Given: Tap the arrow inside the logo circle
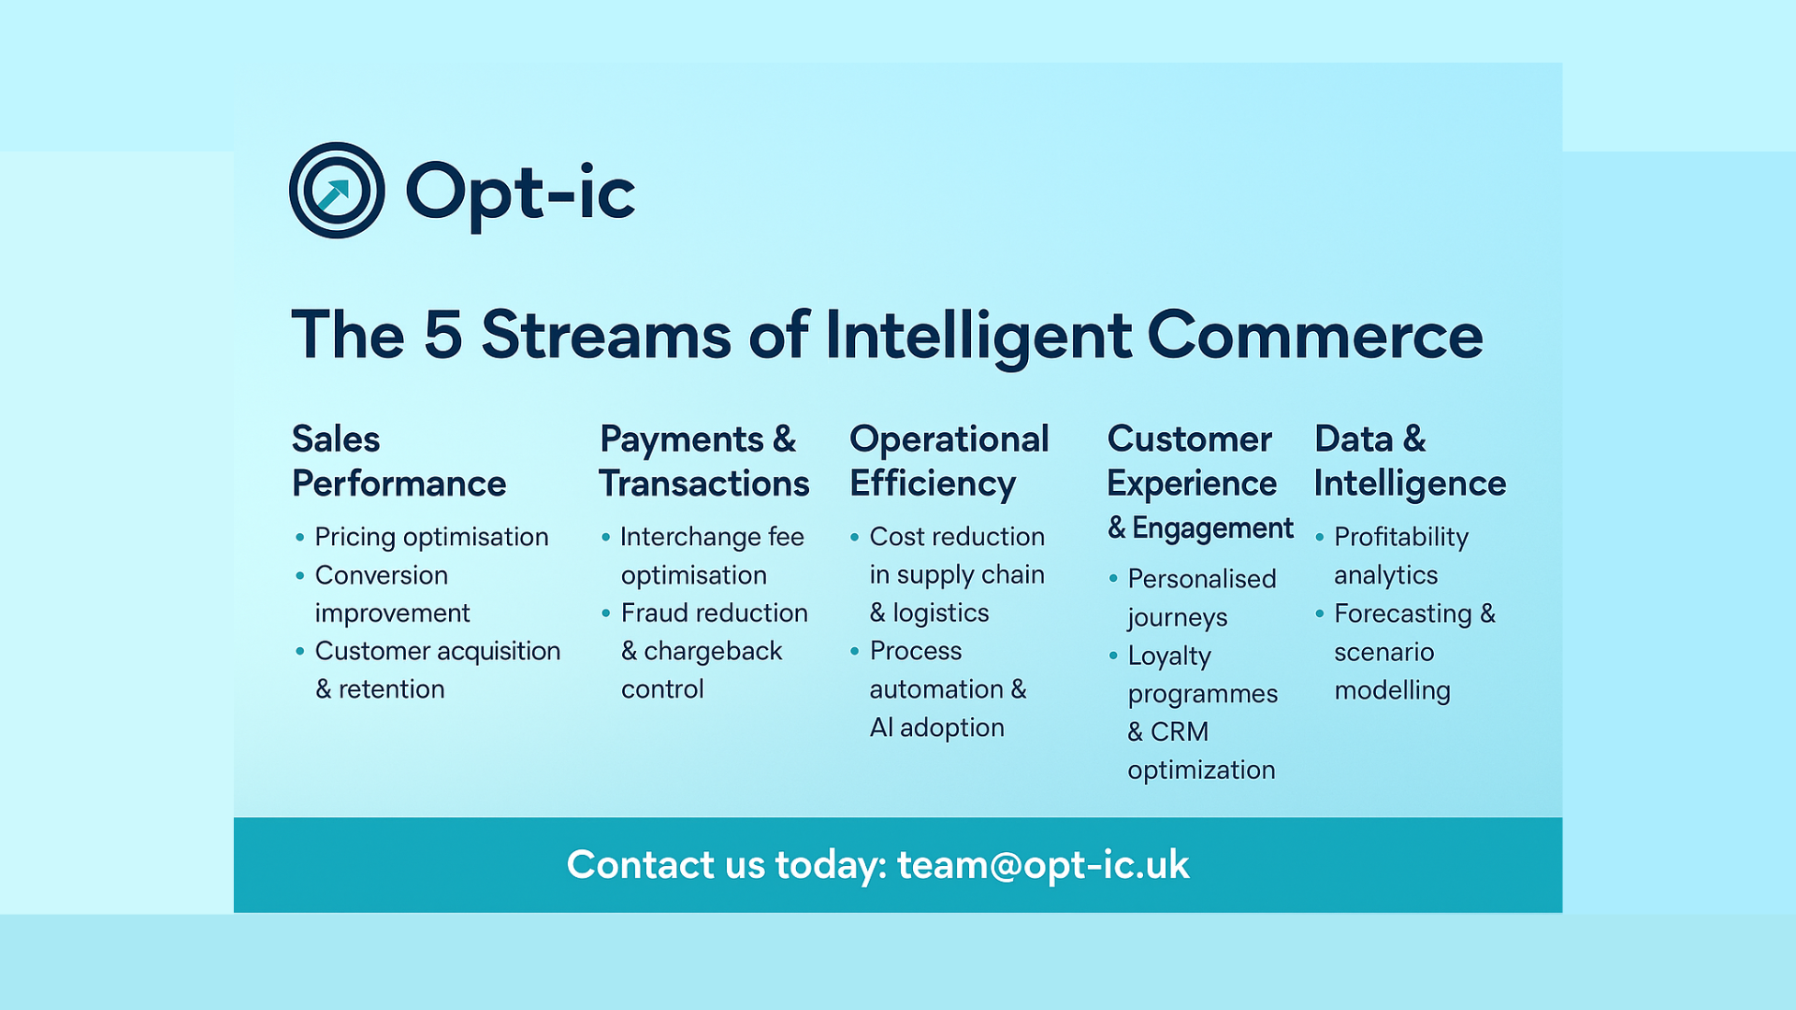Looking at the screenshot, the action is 334,195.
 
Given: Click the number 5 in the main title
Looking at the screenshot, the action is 443,335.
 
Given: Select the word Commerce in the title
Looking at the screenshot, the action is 1315,335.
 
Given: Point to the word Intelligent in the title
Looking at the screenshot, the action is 978,337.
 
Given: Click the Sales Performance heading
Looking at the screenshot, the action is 398,461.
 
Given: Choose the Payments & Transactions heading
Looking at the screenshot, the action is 704,461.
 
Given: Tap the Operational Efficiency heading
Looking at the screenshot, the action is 949,461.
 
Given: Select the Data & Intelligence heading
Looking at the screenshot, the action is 1410,461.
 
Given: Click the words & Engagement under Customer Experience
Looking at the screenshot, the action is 1200,528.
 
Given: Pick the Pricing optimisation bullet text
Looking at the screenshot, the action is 431,538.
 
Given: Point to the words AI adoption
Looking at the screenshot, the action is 936,728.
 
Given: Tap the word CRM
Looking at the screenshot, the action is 1180,731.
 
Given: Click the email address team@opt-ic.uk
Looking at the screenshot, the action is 1043,865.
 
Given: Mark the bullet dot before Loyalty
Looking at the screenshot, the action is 1113,656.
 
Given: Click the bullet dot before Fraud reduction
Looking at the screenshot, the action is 606,613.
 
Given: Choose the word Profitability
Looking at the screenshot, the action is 1401,538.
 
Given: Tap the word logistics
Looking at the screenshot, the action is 940,613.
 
